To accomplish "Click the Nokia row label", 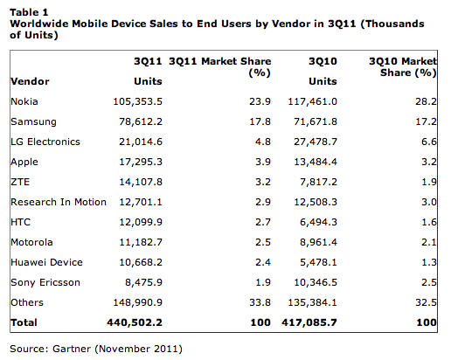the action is pyautogui.click(x=24, y=101).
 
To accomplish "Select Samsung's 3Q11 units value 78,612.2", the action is pyautogui.click(x=141, y=121).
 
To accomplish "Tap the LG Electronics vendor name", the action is pyautogui.click(x=45, y=142).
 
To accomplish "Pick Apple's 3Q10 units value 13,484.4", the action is pyautogui.click(x=316, y=162).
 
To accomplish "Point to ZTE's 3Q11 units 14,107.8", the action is pyautogui.click(x=141, y=182).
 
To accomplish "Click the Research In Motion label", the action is pyautogui.click(x=59, y=202).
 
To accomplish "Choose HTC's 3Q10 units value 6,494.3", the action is pyautogui.click(x=318, y=222).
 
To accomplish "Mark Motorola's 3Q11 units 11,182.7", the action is pyautogui.click(x=141, y=242).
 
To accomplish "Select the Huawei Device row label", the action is pyautogui.click(x=46, y=262).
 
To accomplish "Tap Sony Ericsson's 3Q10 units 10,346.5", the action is pyautogui.click(x=316, y=282).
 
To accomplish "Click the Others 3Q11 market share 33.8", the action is pyautogui.click(x=260, y=302).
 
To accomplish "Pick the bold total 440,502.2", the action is pyautogui.click(x=135, y=322).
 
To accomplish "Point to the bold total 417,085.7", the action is pyautogui.click(x=309, y=322).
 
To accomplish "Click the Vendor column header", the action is pyautogui.click(x=30, y=81).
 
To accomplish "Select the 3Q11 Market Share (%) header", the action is pyautogui.click(x=220, y=67).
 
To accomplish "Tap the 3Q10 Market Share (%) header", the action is pyautogui.click(x=403, y=67).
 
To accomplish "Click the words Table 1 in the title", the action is pyautogui.click(x=29, y=12).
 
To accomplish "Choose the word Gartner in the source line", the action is pyautogui.click(x=72, y=349).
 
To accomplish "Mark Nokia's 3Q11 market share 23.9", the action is pyautogui.click(x=260, y=101).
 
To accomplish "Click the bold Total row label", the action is pyautogui.click(x=24, y=322).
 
